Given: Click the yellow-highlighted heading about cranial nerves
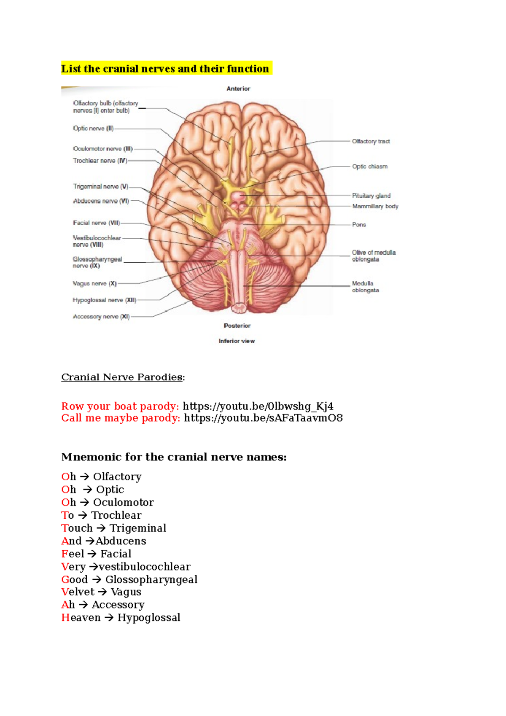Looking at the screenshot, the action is click(165, 69).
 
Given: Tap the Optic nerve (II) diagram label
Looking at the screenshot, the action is click(93, 129).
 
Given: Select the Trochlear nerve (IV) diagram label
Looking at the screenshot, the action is click(100, 161).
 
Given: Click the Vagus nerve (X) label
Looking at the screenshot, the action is click(94, 283).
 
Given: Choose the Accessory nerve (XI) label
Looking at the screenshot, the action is click(101, 317).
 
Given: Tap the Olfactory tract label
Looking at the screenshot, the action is click(371, 141).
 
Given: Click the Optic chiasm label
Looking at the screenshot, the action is click(370, 167).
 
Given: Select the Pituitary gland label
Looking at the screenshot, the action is click(371, 196).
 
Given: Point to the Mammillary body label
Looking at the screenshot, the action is click(375, 206).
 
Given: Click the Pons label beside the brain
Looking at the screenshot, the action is click(359, 225).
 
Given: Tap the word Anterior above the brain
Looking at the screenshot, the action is click(239, 89).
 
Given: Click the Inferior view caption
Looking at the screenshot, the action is click(237, 341).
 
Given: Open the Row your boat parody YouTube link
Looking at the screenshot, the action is click(258, 406).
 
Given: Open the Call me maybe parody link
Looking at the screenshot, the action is click(264, 418).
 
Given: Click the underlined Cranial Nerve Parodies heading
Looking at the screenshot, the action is click(122, 377).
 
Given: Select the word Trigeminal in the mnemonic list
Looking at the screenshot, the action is click(138, 528).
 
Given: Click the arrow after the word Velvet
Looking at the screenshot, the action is click(102, 592).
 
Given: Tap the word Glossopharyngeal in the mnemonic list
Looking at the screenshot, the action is click(151, 579).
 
